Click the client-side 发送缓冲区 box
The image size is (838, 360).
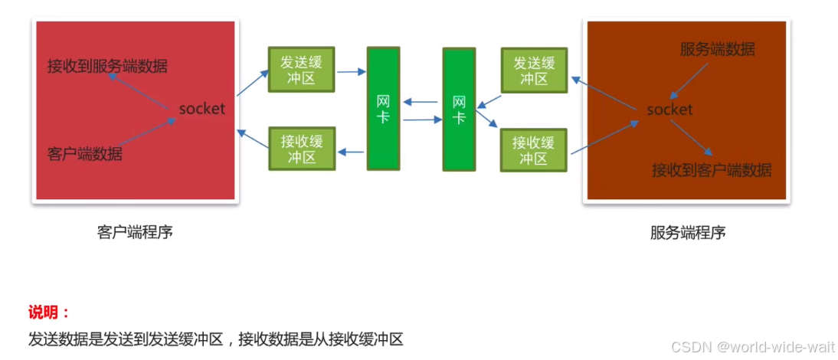coord(302,70)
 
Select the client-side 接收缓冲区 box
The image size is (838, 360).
coord(302,149)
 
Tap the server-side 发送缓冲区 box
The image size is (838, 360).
coord(533,70)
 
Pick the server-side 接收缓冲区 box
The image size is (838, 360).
coord(533,149)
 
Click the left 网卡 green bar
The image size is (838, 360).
coord(383,109)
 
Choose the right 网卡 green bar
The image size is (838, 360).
coord(459,109)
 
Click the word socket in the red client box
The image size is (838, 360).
coord(202,109)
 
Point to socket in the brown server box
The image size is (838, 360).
coord(669,110)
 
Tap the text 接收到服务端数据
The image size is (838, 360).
coord(107,66)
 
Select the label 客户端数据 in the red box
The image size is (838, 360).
coord(84,153)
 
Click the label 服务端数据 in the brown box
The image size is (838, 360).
coord(718,50)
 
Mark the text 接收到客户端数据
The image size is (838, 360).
coord(712,170)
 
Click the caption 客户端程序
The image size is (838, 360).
coord(136,231)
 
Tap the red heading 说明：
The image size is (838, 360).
coord(49,313)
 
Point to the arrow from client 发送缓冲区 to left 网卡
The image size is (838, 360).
coord(351,72)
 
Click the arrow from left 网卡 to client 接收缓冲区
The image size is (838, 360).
coord(351,152)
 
